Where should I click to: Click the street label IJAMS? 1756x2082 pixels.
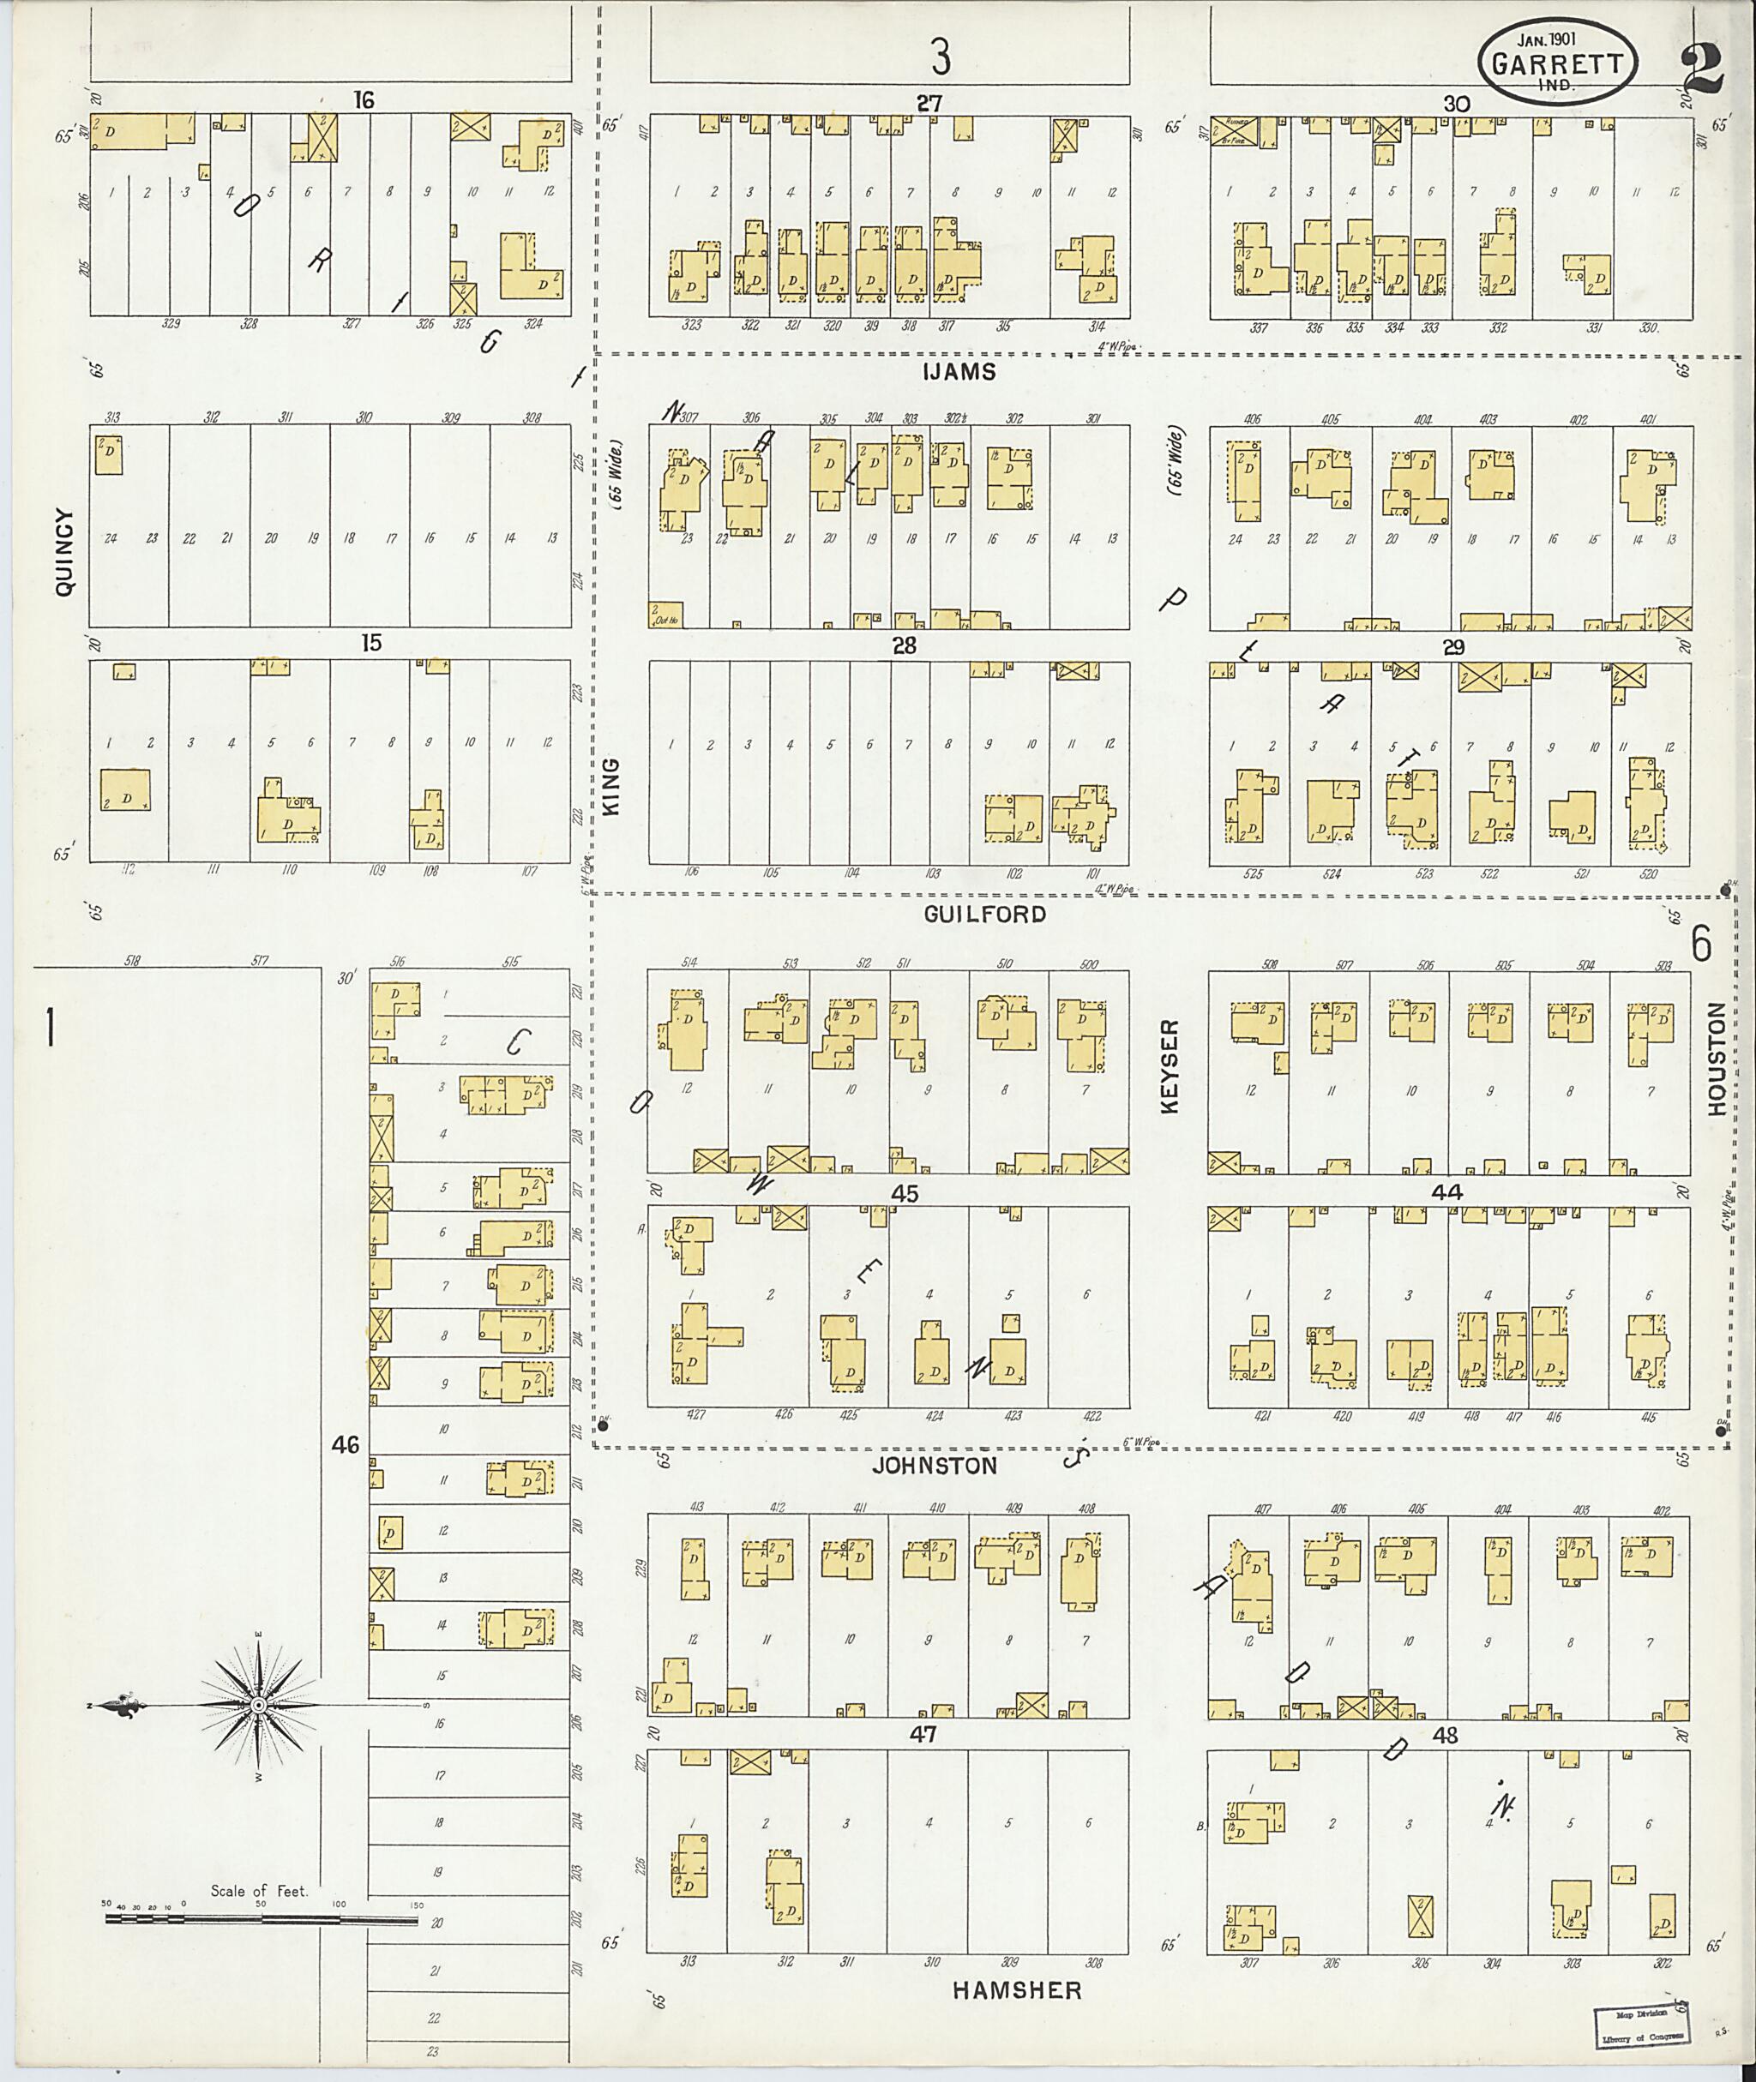click(x=959, y=372)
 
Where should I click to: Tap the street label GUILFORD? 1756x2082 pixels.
click(x=984, y=914)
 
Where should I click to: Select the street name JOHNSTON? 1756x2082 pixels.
click(x=934, y=1466)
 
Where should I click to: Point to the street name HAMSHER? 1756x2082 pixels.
click(x=1016, y=1989)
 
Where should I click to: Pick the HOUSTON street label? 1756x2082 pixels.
click(x=1715, y=1057)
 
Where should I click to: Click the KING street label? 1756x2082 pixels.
click(x=611, y=786)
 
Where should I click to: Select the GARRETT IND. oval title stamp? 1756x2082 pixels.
click(x=1559, y=63)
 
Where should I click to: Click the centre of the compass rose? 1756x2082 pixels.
click(x=259, y=1706)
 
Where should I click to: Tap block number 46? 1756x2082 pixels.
click(x=346, y=1444)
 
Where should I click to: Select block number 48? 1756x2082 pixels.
click(x=1445, y=1736)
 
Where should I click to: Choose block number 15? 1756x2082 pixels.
click(x=371, y=643)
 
